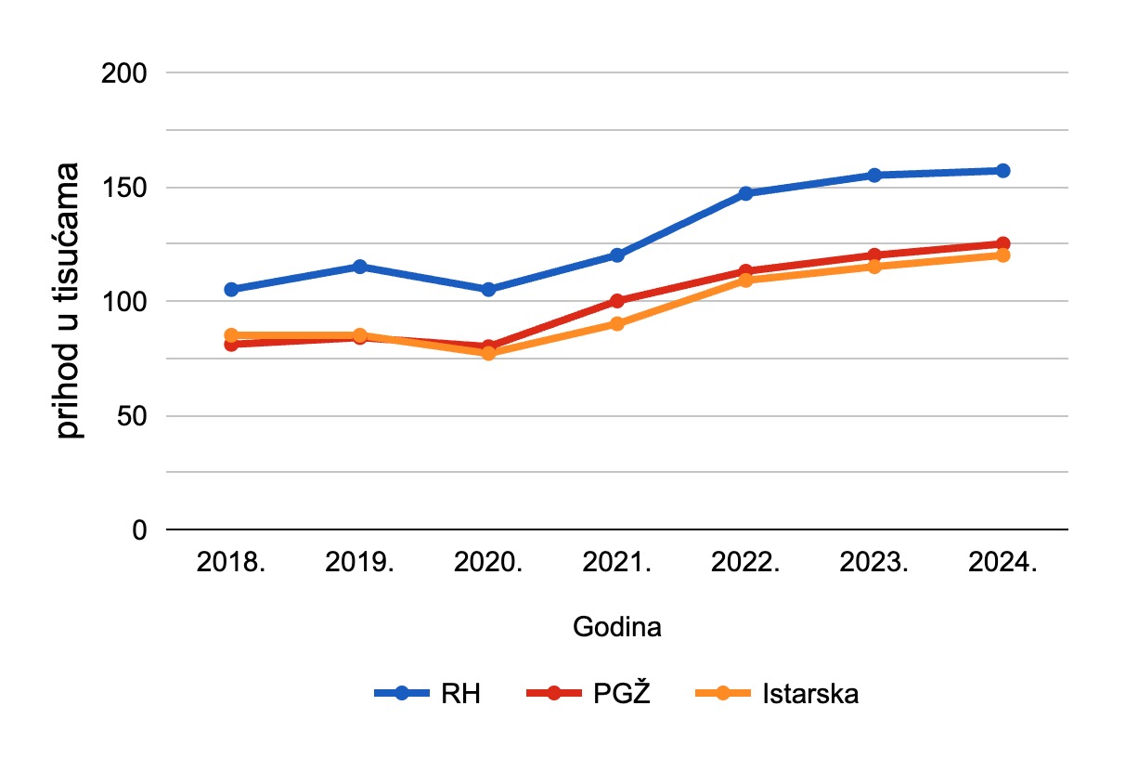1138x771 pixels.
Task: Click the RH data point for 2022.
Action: pyautogui.click(x=745, y=193)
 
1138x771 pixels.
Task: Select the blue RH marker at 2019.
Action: pyautogui.click(x=359, y=267)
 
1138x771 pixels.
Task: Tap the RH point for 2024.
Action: pyautogui.click(x=1002, y=171)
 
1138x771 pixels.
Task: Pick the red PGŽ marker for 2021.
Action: pyautogui.click(x=617, y=301)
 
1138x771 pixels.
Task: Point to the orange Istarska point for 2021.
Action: pyautogui.click(x=617, y=323)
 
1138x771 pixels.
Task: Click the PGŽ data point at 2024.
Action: pyautogui.click(x=1002, y=243)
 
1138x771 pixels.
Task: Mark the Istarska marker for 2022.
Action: pyautogui.click(x=745, y=280)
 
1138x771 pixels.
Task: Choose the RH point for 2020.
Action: pyautogui.click(x=488, y=289)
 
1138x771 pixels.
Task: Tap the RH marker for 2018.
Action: pyautogui.click(x=231, y=289)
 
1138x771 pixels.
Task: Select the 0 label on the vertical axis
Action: pyautogui.click(x=140, y=529)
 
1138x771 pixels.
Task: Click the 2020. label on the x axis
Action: pyautogui.click(x=488, y=564)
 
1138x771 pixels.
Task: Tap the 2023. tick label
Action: pyautogui.click(x=874, y=564)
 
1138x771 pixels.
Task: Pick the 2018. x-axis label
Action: pyautogui.click(x=231, y=564)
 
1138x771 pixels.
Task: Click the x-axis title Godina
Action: pyautogui.click(x=617, y=628)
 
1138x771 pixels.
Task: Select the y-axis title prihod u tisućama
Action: pyautogui.click(x=70, y=300)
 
